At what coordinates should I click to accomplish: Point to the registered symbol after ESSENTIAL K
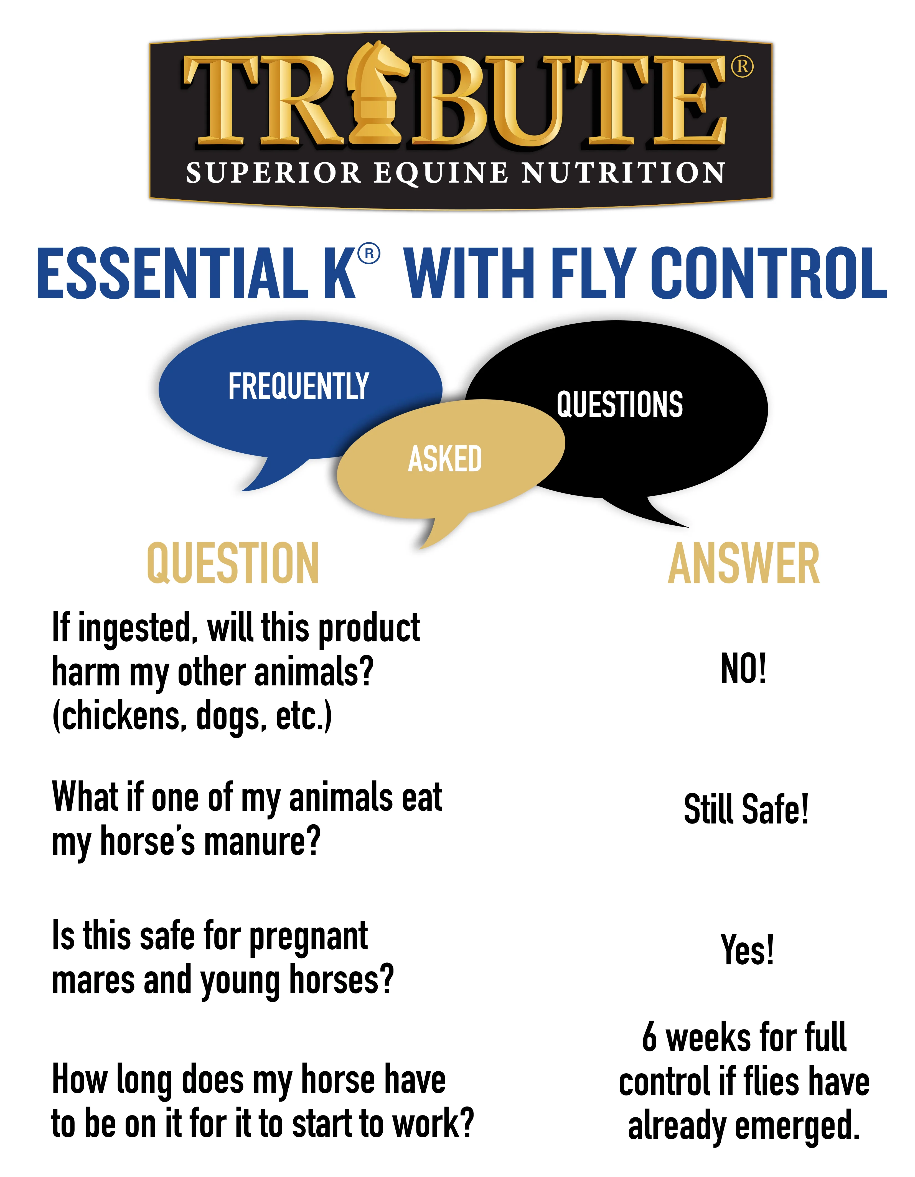click(x=369, y=253)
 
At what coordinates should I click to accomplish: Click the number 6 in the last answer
click(x=650, y=1038)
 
